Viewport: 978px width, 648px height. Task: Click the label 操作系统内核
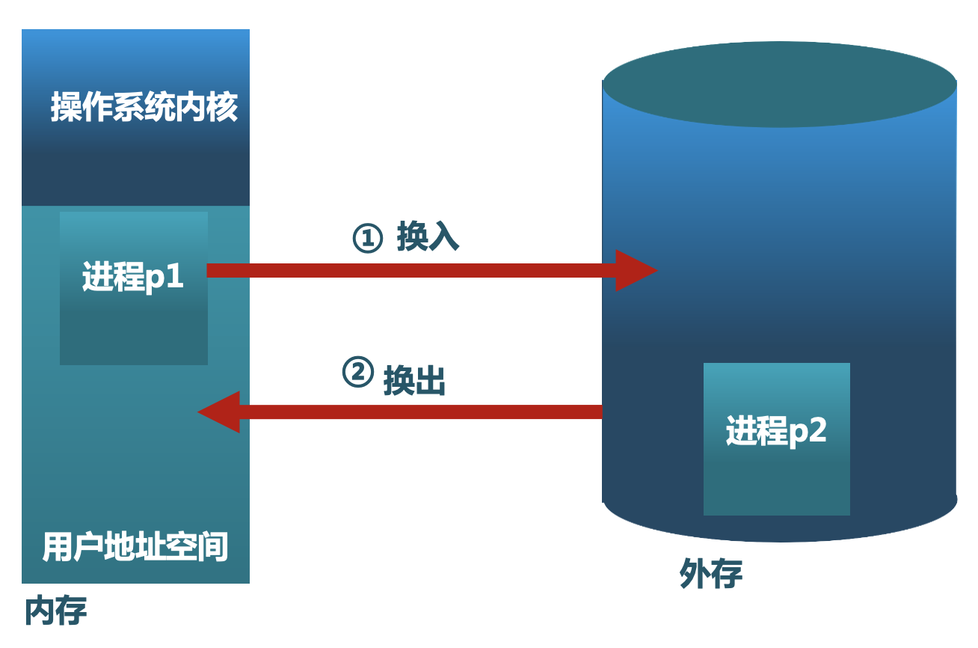pos(144,108)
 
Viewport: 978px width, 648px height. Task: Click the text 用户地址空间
pos(135,547)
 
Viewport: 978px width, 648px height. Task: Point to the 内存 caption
pos(56,611)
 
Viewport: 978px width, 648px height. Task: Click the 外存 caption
pos(711,574)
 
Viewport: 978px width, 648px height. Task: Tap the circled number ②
pos(357,372)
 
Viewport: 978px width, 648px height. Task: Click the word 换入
pos(428,237)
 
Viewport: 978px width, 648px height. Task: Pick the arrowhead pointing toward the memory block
pos(220,412)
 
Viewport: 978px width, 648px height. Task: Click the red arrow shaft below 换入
pos(411,270)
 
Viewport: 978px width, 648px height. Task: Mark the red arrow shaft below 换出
pos(419,412)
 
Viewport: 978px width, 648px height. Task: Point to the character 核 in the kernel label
pos(223,108)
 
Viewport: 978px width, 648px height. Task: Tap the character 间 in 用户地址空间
pos(214,547)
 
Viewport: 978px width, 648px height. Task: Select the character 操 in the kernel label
pos(66,108)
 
